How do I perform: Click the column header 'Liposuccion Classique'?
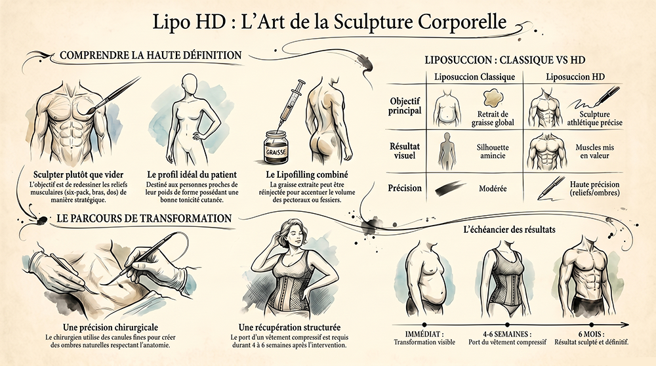[474, 77]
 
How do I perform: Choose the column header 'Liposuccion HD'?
[575, 77]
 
